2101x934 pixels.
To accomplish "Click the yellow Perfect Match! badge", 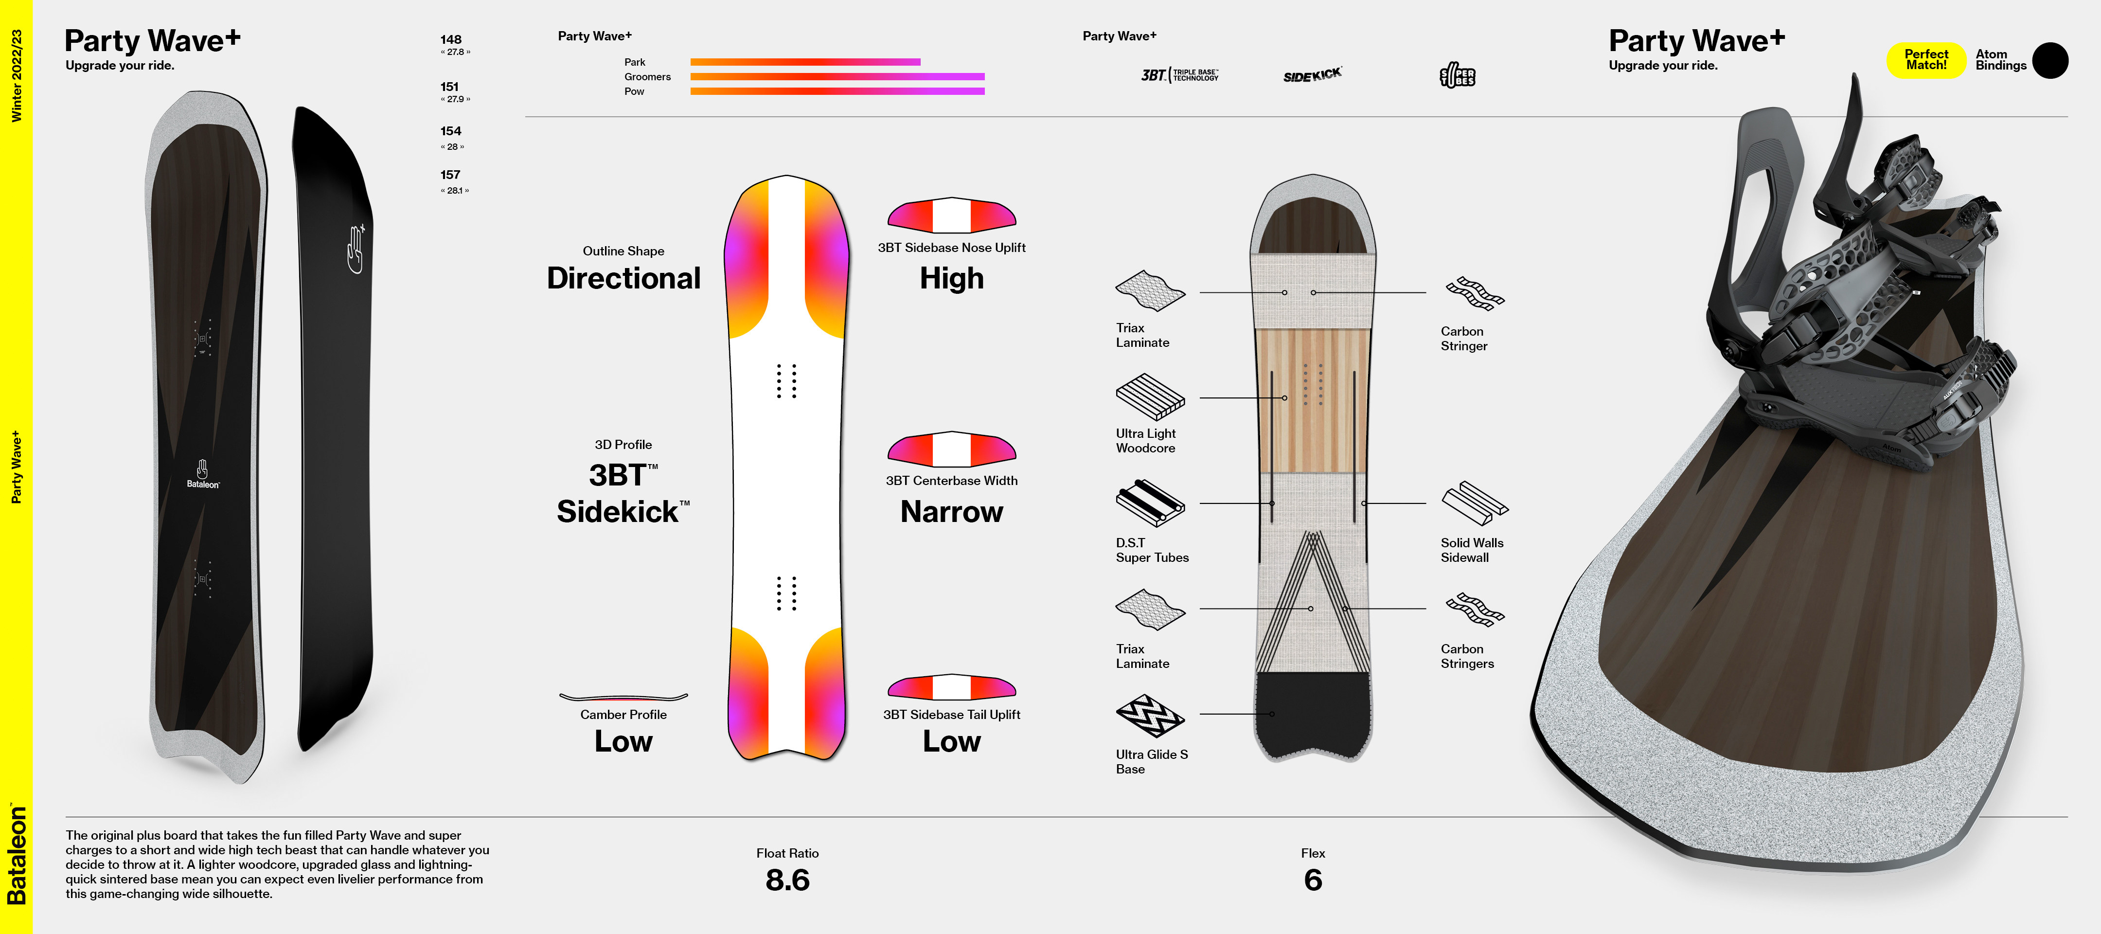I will pos(1925,59).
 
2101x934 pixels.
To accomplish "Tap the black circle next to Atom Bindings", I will pos(2049,60).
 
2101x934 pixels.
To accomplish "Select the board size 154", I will pos(451,131).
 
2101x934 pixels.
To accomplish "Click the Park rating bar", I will pos(805,62).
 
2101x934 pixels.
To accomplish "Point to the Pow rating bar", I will pos(837,91).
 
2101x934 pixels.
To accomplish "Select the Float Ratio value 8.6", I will pos(787,880).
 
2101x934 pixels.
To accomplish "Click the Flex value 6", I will pos(1312,880).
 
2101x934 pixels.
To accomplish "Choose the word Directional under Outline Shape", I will pos(623,278).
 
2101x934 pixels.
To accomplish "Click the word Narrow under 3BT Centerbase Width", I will pos(951,511).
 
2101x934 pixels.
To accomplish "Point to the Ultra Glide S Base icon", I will pos(1150,716).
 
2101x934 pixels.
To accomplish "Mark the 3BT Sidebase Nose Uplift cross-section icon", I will pos(951,216).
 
